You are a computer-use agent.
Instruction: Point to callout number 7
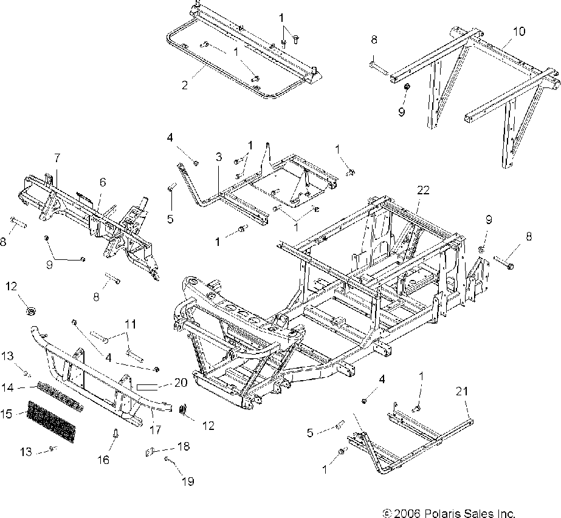tap(57, 158)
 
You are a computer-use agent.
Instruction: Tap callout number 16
tap(104, 460)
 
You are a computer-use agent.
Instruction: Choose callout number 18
tap(183, 446)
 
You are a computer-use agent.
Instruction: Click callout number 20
tap(180, 383)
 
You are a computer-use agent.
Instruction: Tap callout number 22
tap(423, 190)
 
